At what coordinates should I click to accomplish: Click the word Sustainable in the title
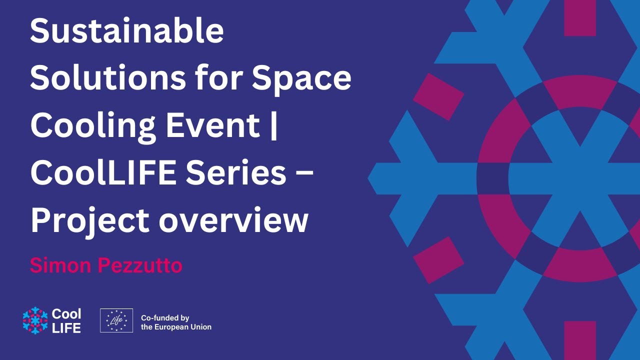[x=126, y=31]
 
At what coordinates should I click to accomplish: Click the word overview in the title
[x=233, y=220]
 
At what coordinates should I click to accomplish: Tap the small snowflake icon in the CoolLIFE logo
[x=34, y=320]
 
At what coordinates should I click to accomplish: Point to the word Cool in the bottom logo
[x=66, y=314]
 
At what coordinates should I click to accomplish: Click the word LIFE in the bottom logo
[x=66, y=327]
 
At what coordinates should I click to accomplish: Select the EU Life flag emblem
[x=116, y=320]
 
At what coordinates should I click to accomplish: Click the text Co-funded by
[x=165, y=317]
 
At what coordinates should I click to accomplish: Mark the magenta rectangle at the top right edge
[x=580, y=17]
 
